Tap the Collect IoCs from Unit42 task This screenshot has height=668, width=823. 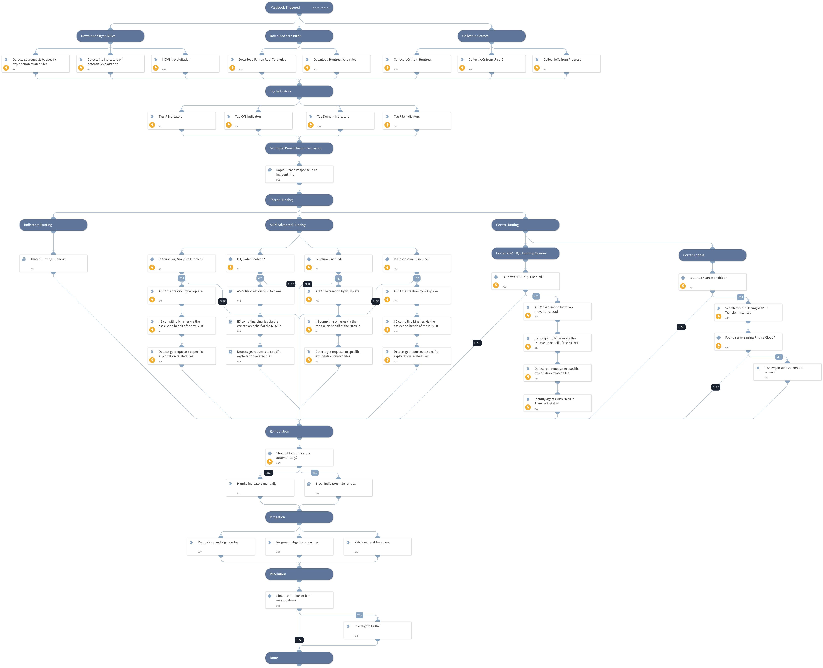click(491, 63)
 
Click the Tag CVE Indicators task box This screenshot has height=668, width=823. click(258, 120)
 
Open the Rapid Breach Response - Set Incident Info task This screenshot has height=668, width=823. click(299, 174)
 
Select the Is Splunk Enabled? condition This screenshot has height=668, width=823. click(338, 263)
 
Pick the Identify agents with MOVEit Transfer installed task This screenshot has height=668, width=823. click(557, 403)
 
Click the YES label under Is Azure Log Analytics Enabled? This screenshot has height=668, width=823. click(182, 278)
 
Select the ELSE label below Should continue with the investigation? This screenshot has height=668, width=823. click(299, 640)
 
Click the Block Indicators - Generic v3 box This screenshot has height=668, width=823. click(338, 488)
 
